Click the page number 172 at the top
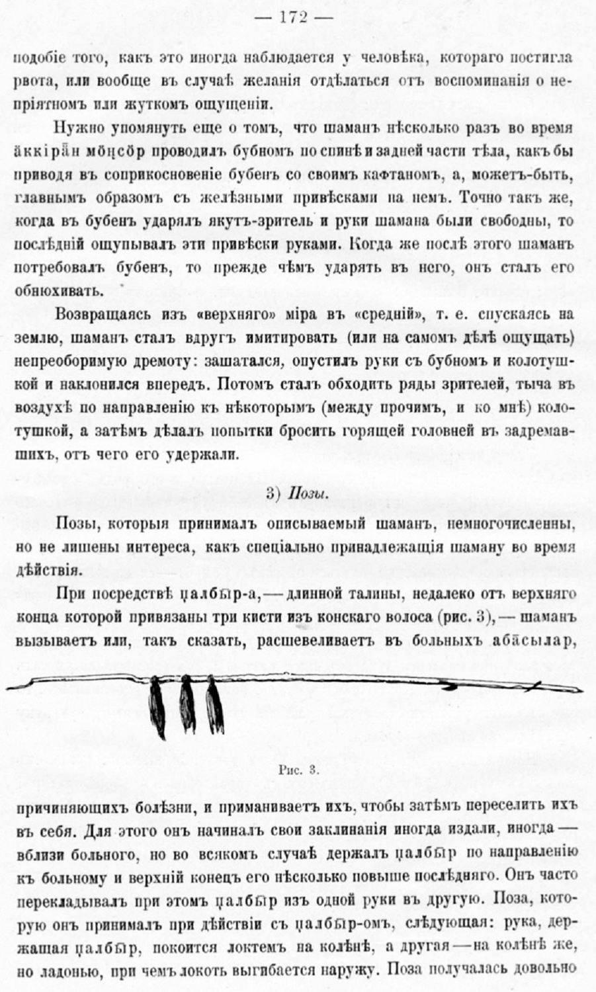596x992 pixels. click(x=298, y=18)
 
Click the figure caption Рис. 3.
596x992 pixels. click(x=298, y=770)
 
